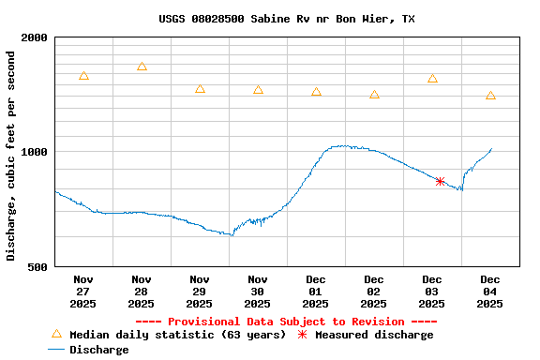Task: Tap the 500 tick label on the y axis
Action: (38, 267)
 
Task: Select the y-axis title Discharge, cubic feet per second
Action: (11, 156)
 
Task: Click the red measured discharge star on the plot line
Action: (440, 181)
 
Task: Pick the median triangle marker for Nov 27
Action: (83, 76)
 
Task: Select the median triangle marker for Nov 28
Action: (142, 67)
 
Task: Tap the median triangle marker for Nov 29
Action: (200, 89)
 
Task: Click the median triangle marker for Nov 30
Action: (258, 90)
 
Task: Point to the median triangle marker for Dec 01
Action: (316, 92)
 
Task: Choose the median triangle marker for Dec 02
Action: (374, 95)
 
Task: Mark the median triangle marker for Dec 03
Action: (432, 79)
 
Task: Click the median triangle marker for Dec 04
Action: (490, 96)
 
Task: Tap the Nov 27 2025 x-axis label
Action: (83, 292)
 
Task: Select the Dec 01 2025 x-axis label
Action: (316, 292)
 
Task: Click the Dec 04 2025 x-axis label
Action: (490, 292)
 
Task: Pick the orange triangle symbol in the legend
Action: (56, 334)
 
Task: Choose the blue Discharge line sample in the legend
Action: (56, 350)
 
